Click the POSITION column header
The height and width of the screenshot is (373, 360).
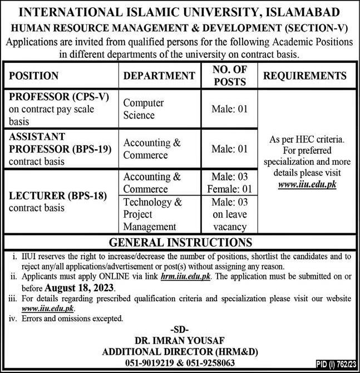pyautogui.click(x=34, y=76)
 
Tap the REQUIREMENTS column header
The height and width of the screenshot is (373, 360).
pyautogui.click(x=305, y=76)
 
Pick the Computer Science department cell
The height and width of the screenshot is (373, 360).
pyautogui.click(x=144, y=109)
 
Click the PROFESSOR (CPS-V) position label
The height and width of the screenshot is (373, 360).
pyautogui.click(x=58, y=96)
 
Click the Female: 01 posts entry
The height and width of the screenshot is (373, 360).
pyautogui.click(x=229, y=189)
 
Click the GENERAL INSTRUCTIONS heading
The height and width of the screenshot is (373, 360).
pyautogui.click(x=180, y=242)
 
